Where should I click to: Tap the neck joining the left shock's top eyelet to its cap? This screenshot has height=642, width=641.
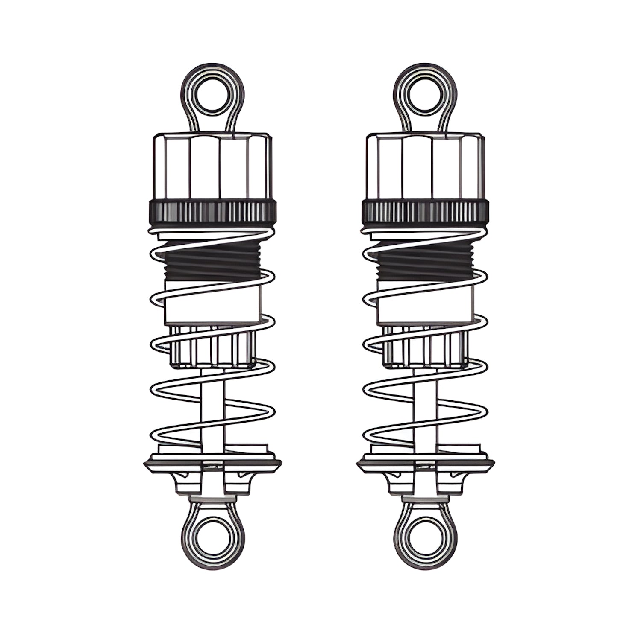[x=212, y=124]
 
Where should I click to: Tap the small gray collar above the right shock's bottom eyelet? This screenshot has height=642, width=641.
[x=425, y=498]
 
